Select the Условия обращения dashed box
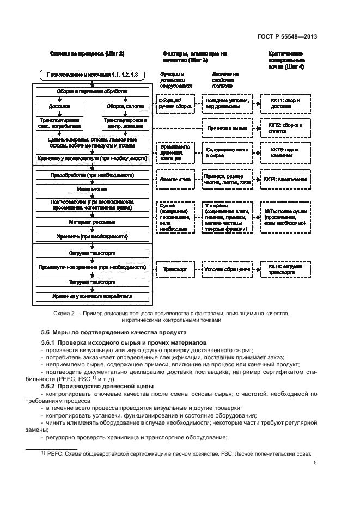tap(227, 269)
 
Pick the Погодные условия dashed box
tap(227, 104)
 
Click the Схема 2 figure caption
tap(180, 317)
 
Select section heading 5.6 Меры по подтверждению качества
tap(114, 332)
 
